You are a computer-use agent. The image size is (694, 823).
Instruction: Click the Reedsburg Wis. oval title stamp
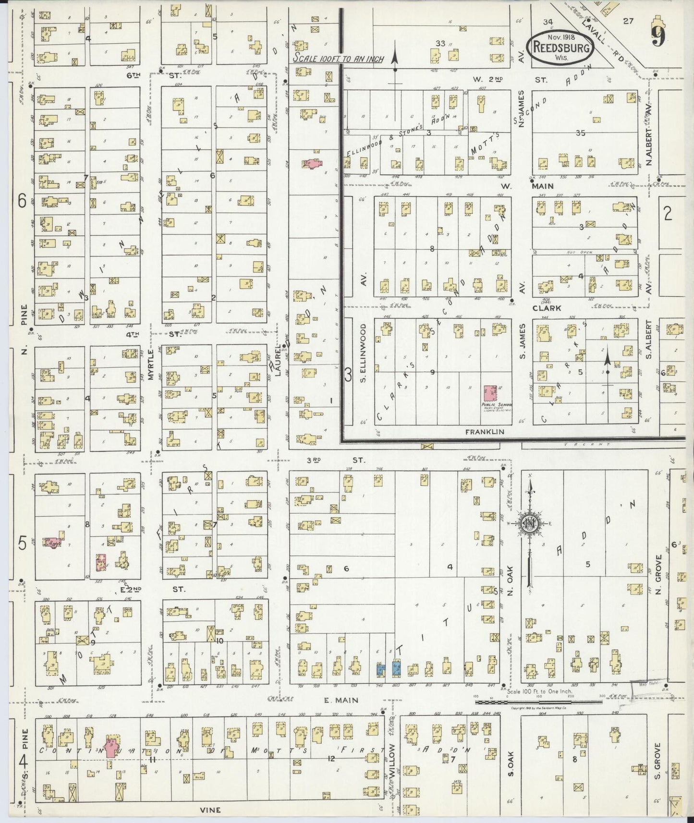click(560, 47)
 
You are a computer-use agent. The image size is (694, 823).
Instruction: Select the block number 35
click(581, 133)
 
